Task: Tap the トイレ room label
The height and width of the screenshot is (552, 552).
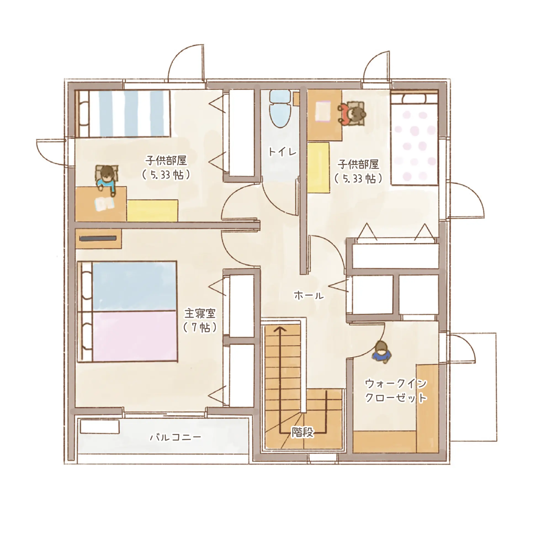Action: click(x=283, y=152)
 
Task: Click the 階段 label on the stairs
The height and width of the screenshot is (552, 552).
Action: click(x=302, y=432)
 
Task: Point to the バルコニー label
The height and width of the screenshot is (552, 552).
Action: click(x=176, y=437)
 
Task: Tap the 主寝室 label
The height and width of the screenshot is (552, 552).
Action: click(x=200, y=314)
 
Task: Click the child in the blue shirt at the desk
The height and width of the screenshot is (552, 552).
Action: click(x=106, y=179)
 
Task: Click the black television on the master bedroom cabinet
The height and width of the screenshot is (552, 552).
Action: click(x=98, y=238)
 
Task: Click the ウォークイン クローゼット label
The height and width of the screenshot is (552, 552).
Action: click(x=396, y=391)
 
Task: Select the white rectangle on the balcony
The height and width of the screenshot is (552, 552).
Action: click(x=99, y=427)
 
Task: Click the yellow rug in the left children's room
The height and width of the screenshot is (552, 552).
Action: click(x=152, y=210)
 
